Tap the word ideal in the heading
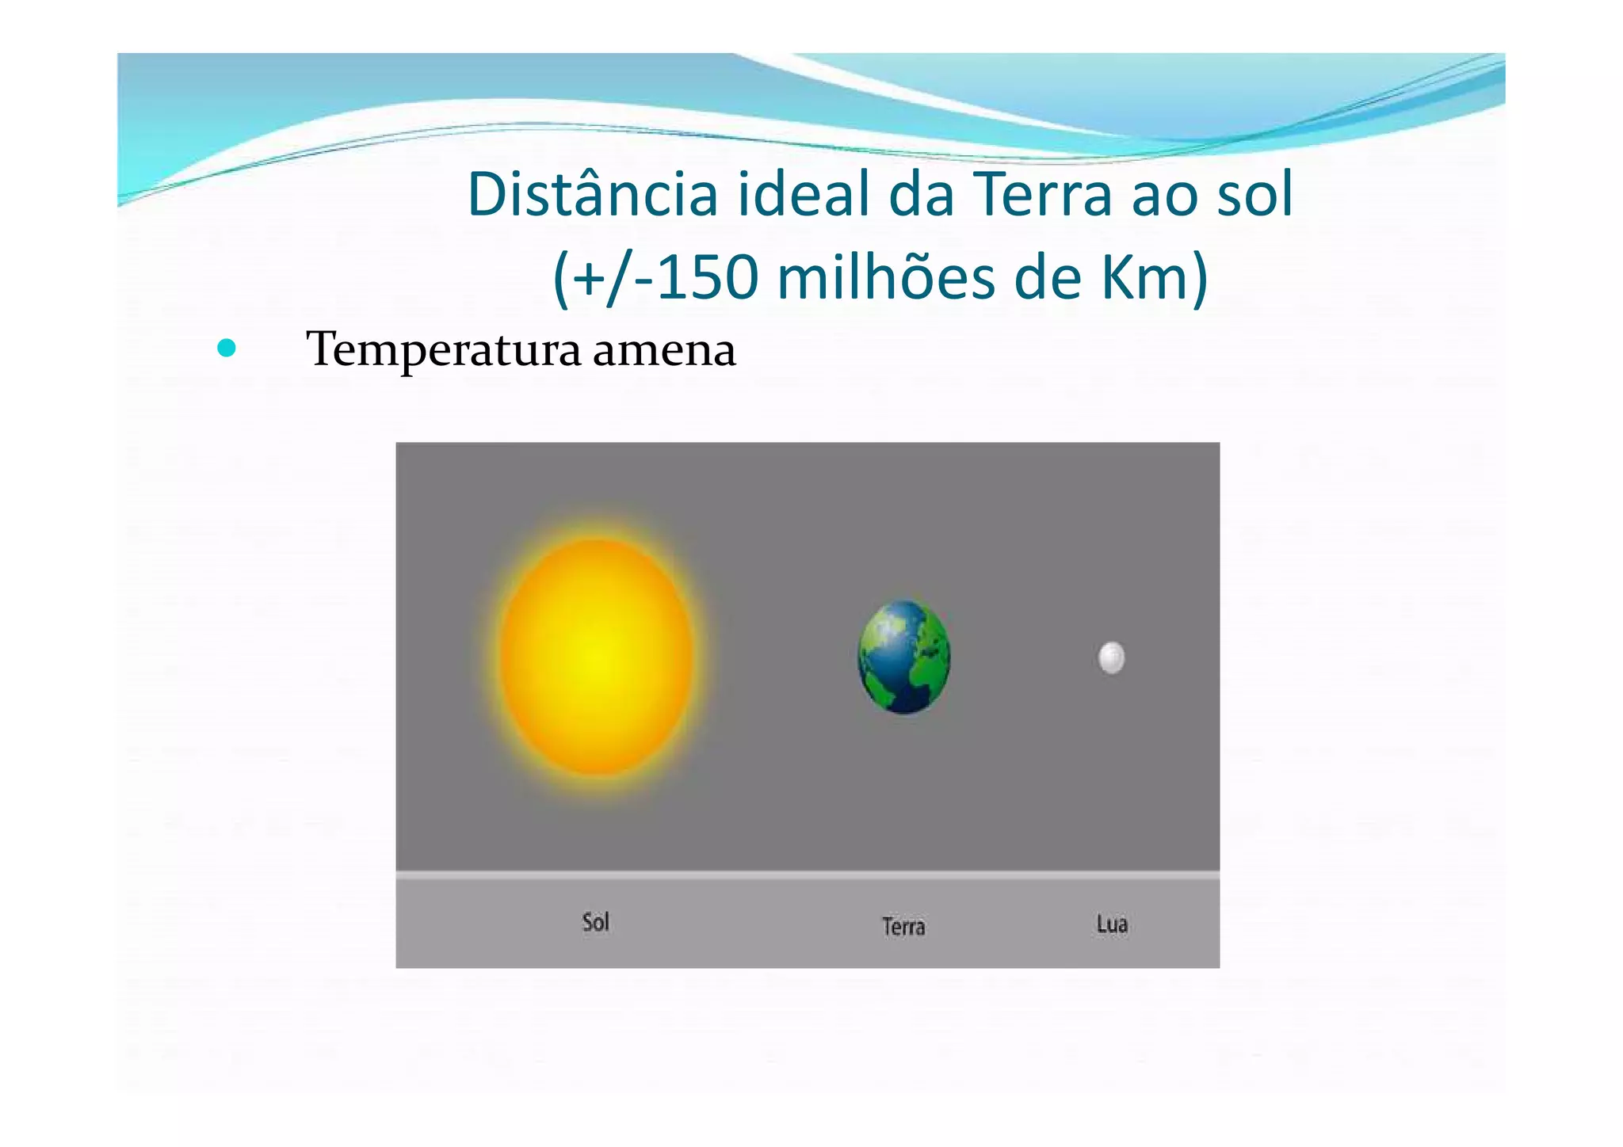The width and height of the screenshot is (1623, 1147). pyautogui.click(x=801, y=194)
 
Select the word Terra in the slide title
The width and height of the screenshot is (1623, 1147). pyautogui.click(x=1042, y=194)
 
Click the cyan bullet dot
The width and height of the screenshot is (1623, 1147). pyautogui.click(x=227, y=348)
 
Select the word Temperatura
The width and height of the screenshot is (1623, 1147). pyautogui.click(x=443, y=349)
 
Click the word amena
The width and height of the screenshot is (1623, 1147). pyautogui.click(x=664, y=351)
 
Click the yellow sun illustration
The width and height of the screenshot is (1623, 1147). pyautogui.click(x=596, y=656)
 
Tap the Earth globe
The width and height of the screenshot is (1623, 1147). pyautogui.click(x=904, y=657)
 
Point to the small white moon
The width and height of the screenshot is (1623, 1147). pyautogui.click(x=1111, y=657)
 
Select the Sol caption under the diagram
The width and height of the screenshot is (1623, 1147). pyautogui.click(x=596, y=921)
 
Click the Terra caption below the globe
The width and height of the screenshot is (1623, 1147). pyautogui.click(x=903, y=926)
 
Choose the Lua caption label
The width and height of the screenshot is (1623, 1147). pyautogui.click(x=1112, y=924)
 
